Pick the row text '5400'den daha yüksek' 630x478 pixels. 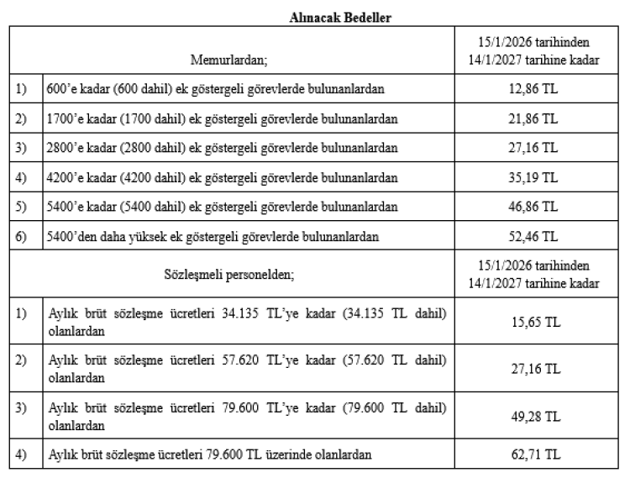point(213,237)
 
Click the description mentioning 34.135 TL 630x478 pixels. point(246,321)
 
